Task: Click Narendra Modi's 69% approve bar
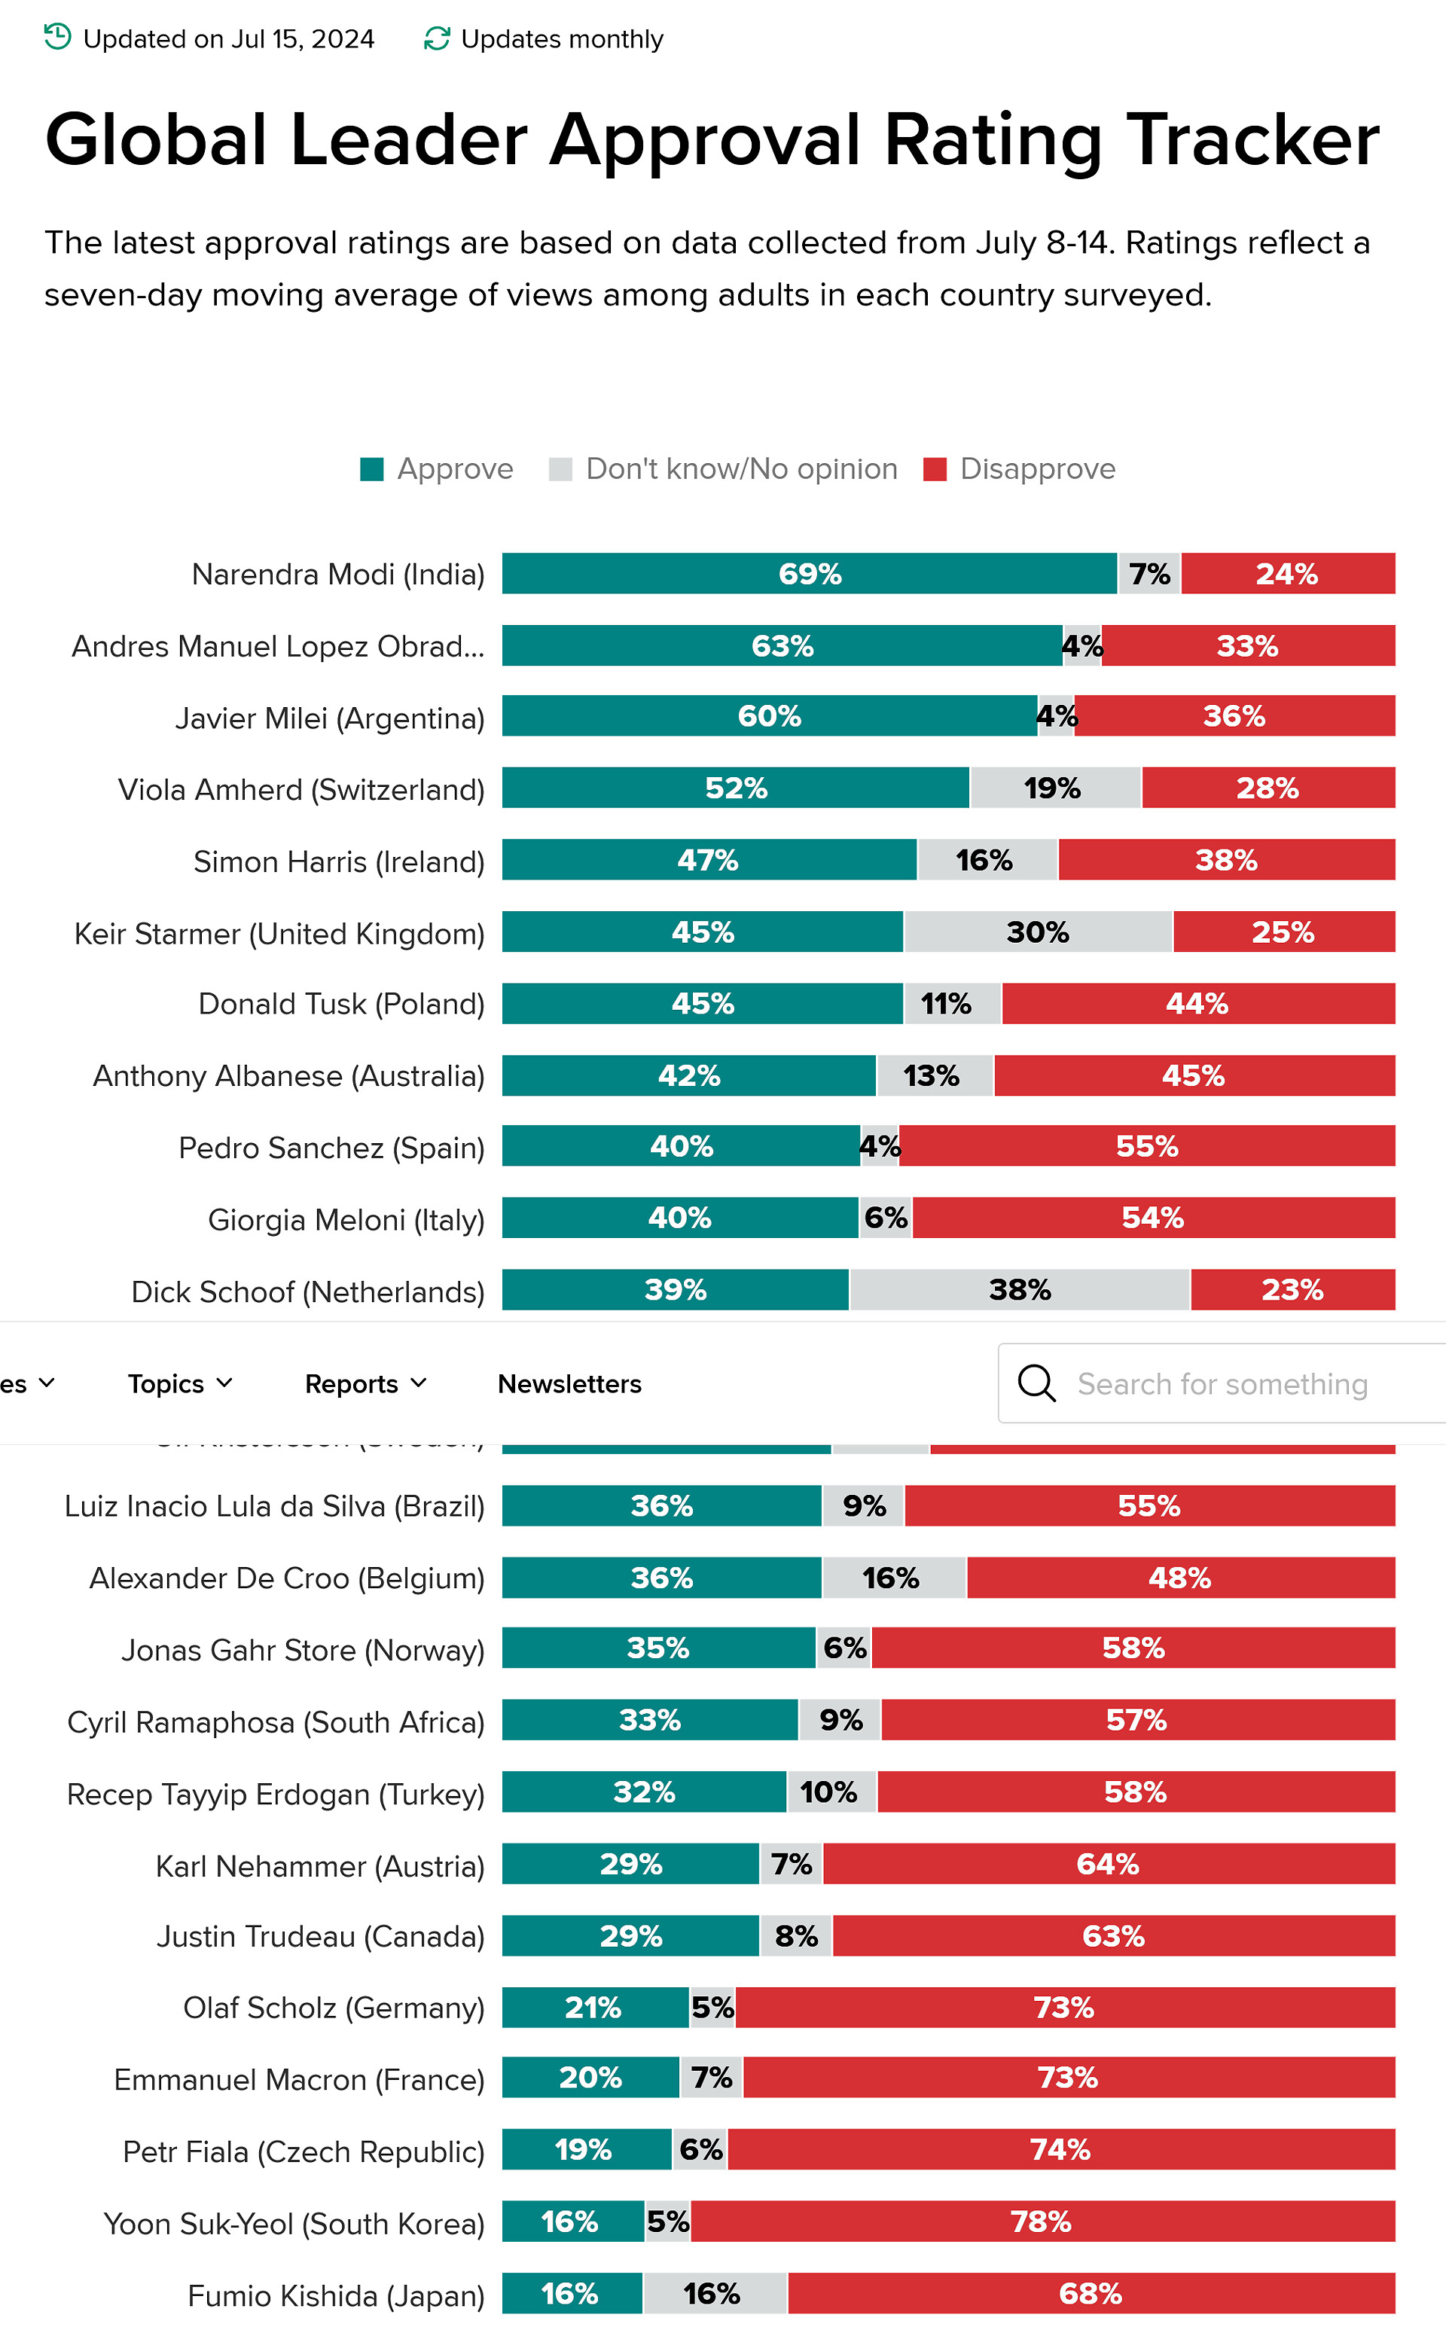809,574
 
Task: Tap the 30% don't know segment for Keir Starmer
1038,932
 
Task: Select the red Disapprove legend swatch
935,469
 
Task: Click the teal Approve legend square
372,469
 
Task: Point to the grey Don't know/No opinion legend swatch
560,469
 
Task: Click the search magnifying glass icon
1037,1383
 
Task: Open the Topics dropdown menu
180,1383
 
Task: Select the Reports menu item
365,1383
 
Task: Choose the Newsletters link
569,1383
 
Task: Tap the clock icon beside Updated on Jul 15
58,38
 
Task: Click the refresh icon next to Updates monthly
437,38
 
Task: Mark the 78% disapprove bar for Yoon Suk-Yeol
1042,2222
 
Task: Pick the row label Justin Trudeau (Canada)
320,1936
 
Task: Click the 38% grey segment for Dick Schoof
1020,1290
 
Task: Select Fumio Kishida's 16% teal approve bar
571,2293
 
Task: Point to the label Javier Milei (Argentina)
330,718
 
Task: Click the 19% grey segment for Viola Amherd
1054,788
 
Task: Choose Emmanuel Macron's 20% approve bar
590,2078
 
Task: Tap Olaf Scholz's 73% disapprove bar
1064,2007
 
